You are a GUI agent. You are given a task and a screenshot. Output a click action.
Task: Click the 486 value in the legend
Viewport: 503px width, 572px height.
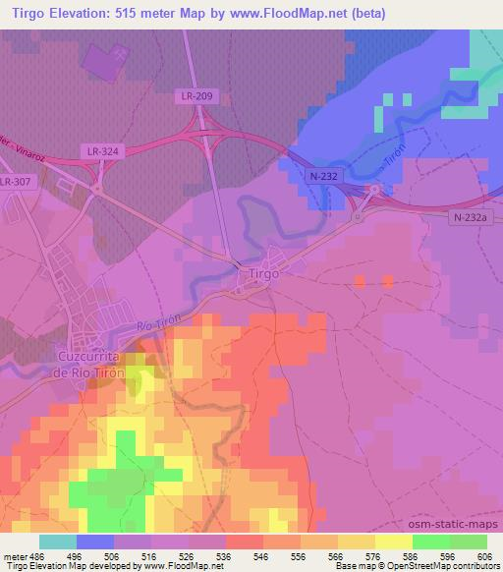(40, 556)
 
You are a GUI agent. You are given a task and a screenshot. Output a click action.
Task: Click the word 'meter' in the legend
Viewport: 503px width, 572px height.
(15, 556)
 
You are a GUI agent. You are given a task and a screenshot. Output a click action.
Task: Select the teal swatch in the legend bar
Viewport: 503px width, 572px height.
(58, 542)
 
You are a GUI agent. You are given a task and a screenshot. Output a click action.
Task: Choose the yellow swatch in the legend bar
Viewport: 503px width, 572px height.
(394, 542)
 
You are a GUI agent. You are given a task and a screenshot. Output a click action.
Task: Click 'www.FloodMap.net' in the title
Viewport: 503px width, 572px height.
(287, 14)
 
